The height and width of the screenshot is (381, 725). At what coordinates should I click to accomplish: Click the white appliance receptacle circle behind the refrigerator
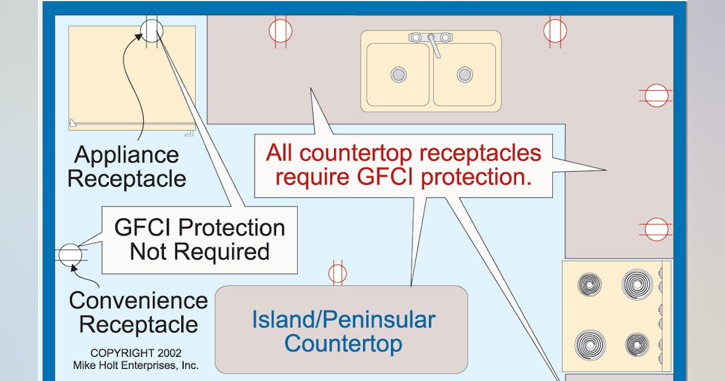point(152,30)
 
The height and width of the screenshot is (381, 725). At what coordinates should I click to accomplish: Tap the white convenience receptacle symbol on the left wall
point(70,255)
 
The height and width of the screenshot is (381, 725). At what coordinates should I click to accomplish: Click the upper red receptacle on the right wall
point(656,96)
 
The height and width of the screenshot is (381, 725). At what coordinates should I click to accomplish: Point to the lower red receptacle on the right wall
point(656,229)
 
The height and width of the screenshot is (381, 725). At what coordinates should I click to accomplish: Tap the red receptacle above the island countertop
point(338,273)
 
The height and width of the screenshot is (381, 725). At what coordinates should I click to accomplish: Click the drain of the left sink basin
point(398,74)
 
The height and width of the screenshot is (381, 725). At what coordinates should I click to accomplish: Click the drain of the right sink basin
point(465,74)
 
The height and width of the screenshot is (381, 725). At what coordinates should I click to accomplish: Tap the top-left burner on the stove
point(589,284)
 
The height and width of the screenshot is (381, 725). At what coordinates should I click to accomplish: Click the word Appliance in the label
point(127,155)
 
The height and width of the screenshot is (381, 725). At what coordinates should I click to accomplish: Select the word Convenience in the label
point(138,301)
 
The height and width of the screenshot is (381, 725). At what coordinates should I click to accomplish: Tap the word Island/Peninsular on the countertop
point(343,320)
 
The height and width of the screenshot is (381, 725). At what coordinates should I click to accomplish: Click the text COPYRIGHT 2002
point(136,353)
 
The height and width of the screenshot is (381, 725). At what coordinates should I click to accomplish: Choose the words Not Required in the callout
point(199,252)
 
